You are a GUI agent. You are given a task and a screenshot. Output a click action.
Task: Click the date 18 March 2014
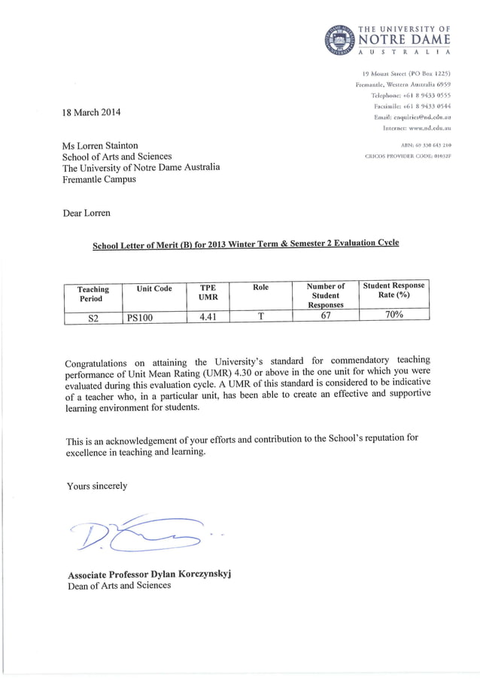pyautogui.click(x=91, y=113)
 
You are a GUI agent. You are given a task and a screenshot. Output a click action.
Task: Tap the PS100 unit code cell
pyautogui.click(x=139, y=318)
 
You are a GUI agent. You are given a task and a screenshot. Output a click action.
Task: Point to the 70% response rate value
pyautogui.click(x=393, y=316)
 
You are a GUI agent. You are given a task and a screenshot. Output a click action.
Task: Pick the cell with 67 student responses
pyautogui.click(x=326, y=316)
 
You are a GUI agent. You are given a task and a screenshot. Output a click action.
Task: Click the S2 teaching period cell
pyautogui.click(x=93, y=318)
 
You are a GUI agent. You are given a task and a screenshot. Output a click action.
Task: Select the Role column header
pyautogui.click(x=260, y=288)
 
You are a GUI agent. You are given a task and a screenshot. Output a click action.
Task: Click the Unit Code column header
pyautogui.click(x=154, y=288)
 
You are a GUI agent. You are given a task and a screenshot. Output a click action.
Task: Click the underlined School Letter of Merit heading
pyautogui.click(x=245, y=244)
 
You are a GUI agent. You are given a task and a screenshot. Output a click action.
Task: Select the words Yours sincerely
pyautogui.click(x=96, y=486)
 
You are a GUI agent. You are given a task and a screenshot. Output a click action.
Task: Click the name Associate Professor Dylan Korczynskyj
pyautogui.click(x=149, y=575)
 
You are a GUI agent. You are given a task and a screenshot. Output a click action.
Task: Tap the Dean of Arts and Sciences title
pyautogui.click(x=119, y=585)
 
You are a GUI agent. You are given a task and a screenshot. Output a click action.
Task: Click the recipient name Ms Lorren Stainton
pyautogui.click(x=110, y=145)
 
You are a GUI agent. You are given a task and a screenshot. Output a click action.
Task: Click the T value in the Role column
pyautogui.click(x=260, y=316)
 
